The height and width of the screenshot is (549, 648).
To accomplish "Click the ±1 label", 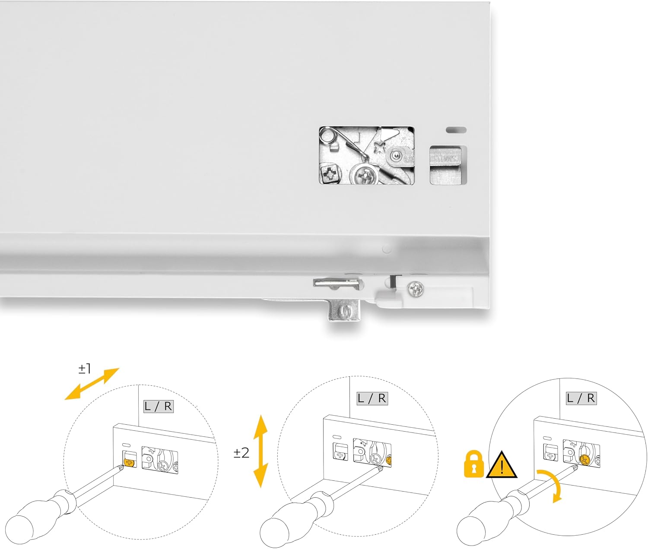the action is click(x=85, y=369).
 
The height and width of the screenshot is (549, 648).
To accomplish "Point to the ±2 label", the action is click(x=241, y=453).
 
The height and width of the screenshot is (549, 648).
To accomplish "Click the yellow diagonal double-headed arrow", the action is click(x=92, y=384).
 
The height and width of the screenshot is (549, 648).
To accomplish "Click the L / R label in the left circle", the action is click(x=158, y=407).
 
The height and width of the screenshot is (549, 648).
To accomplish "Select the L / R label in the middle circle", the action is click(x=372, y=398).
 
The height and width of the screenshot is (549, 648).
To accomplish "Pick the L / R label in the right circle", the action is click(x=581, y=398).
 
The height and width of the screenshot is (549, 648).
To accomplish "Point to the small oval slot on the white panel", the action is click(x=456, y=129).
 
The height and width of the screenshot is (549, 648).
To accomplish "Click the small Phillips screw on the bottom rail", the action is click(x=416, y=288).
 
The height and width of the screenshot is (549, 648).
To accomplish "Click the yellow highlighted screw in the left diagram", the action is click(x=129, y=462).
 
